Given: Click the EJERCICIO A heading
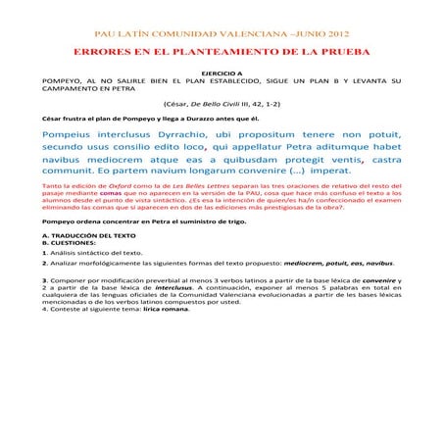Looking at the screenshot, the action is [222, 74].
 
